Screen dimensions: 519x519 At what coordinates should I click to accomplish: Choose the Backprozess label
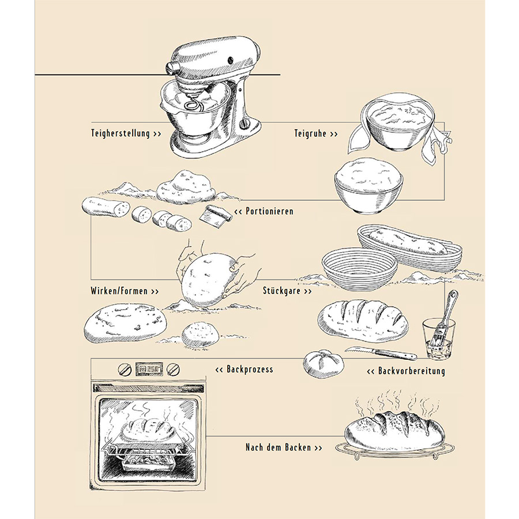point(244,368)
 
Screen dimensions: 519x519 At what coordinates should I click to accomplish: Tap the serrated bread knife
point(381,352)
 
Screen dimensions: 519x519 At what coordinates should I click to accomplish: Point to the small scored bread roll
point(324,363)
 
